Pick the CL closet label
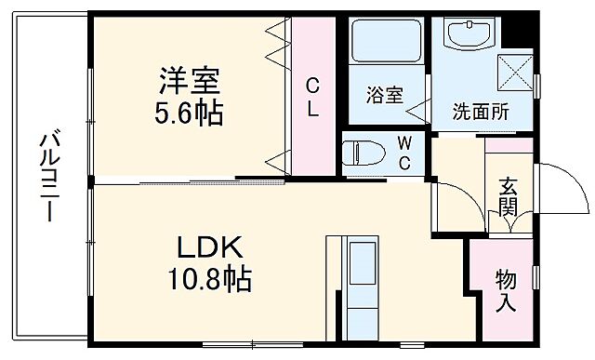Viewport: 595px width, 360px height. click(x=313, y=96)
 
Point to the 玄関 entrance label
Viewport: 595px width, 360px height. click(x=508, y=196)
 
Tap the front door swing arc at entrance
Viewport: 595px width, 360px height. click(x=563, y=187)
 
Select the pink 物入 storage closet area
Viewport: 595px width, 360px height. click(x=507, y=290)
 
